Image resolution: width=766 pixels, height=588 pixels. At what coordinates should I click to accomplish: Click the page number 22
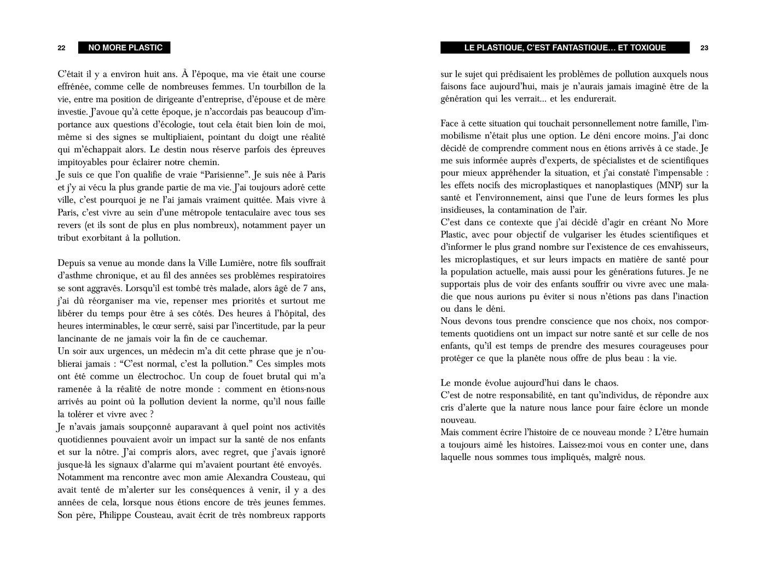62,48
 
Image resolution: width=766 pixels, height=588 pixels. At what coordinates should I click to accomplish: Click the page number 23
704,48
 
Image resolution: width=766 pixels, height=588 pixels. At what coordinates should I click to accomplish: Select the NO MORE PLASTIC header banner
125,48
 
